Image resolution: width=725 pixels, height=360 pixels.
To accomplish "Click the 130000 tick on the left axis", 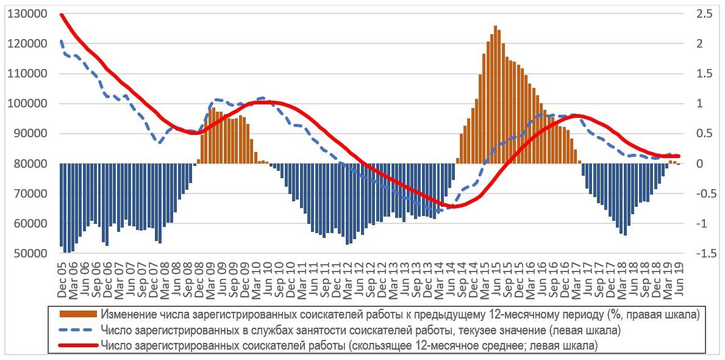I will coord(29,14).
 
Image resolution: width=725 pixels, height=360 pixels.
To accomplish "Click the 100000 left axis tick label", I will coord(29,104).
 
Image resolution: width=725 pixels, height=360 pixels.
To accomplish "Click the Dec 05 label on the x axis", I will coord(62,283).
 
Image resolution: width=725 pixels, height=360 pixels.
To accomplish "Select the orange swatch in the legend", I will coord(78,314).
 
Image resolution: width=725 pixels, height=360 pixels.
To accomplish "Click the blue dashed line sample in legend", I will coord(78,329).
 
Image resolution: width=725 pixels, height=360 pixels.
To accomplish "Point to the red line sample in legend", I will coord(78,345).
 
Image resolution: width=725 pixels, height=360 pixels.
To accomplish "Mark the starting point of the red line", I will coord(61,14).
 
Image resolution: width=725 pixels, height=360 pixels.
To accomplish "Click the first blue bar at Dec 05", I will coord(62,204).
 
